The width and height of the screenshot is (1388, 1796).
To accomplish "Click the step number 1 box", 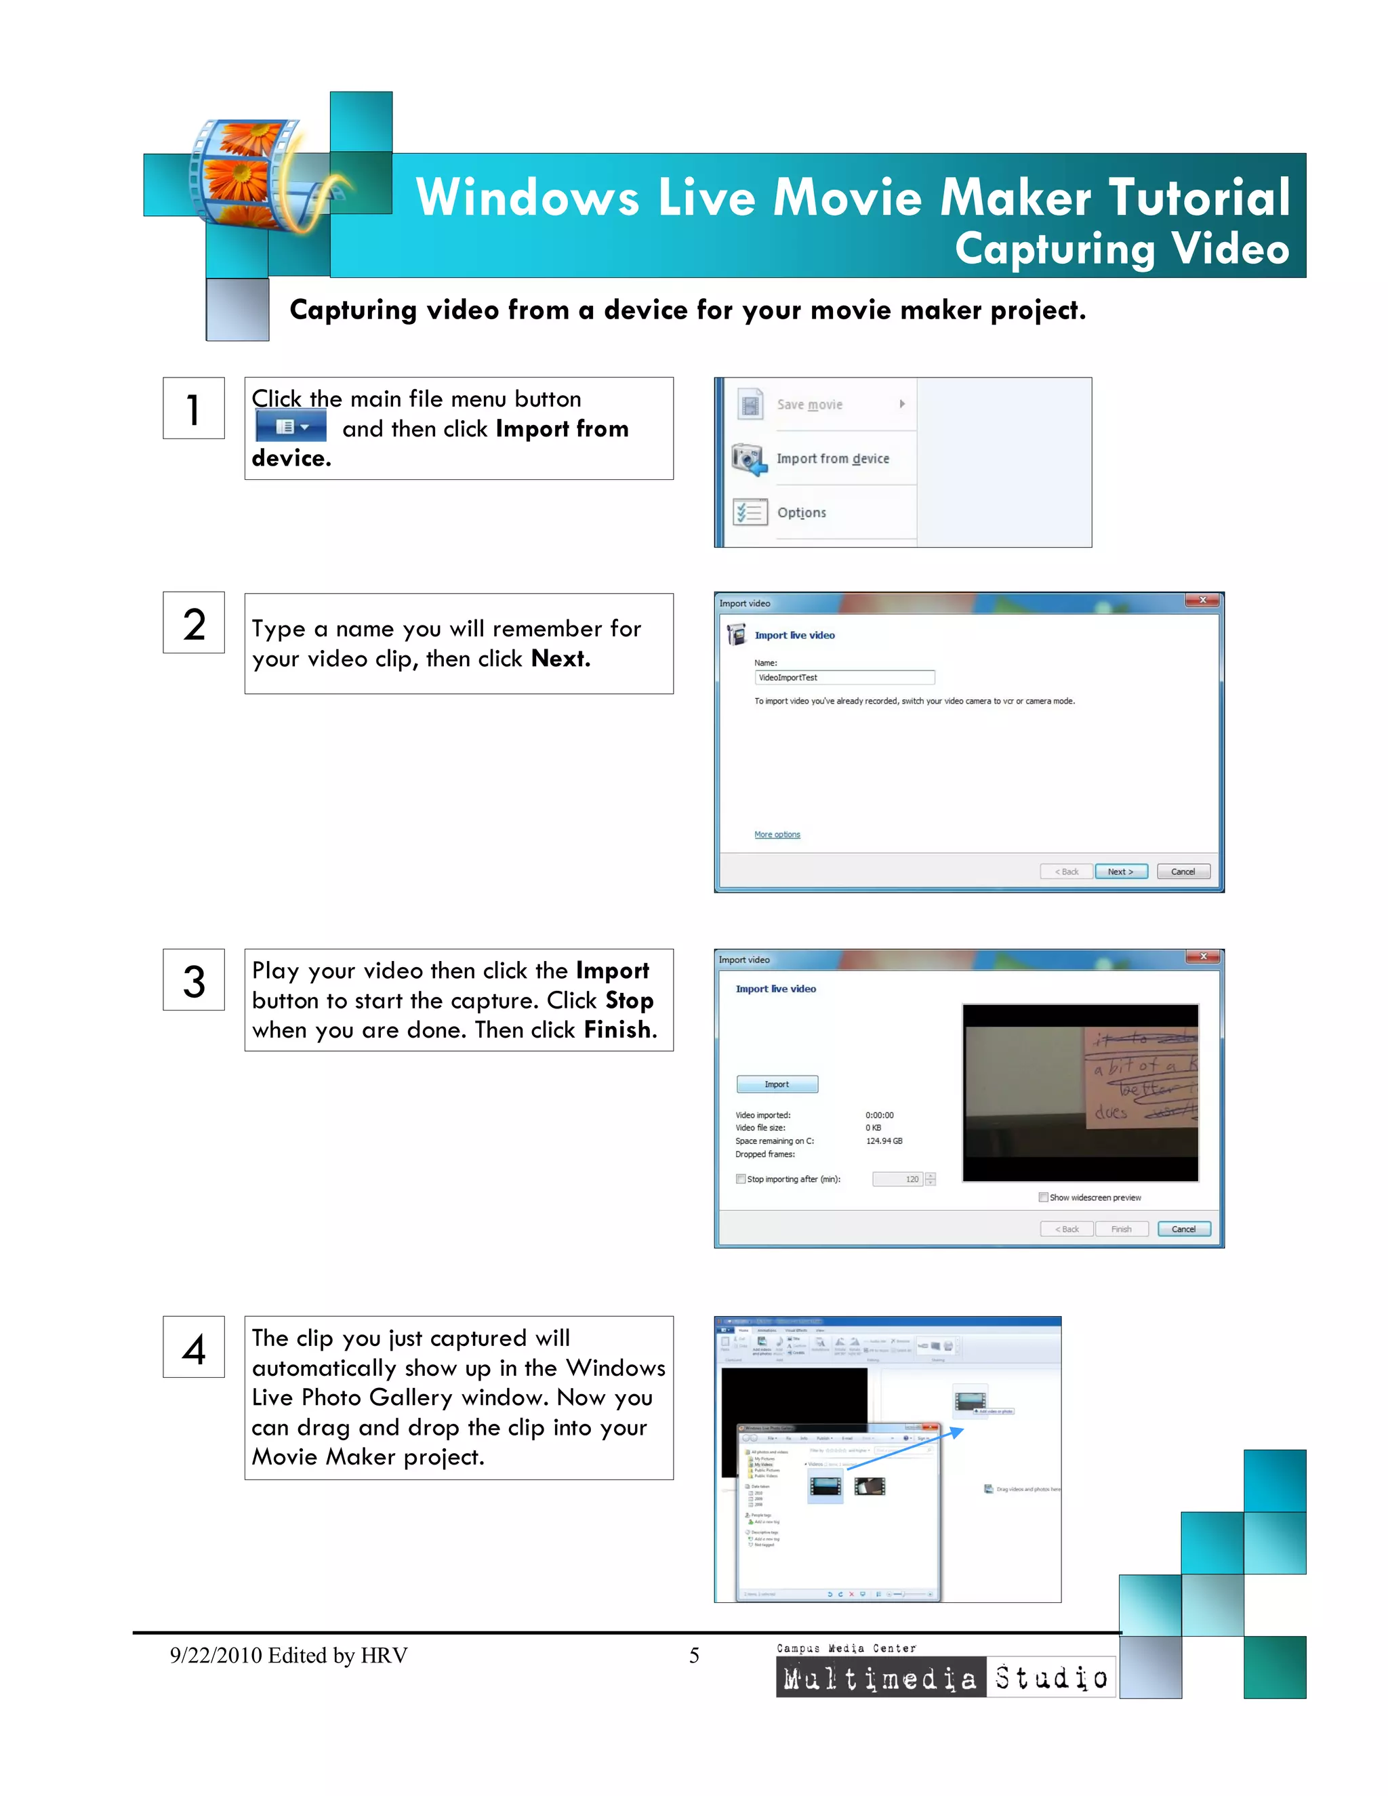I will [x=193, y=409].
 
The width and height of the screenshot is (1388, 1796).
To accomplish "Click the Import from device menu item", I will [x=832, y=459].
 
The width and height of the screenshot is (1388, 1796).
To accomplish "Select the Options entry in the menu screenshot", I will [x=801, y=513].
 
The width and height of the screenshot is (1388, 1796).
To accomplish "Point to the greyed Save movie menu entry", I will [x=809, y=405].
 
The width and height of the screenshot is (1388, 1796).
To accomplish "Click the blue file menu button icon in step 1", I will [x=290, y=428].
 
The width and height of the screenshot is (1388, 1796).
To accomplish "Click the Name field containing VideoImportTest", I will [x=844, y=678].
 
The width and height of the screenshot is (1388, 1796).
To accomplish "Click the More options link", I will [x=777, y=835].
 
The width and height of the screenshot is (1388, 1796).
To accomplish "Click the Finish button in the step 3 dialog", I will [x=1121, y=1229].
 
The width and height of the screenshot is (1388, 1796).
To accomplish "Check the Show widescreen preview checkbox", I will [x=1044, y=1198].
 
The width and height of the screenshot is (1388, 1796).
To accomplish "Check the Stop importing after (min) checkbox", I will [x=741, y=1179].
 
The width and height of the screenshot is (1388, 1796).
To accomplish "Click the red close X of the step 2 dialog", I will [x=1202, y=600].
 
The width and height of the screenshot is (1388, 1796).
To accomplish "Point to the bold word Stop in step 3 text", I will [x=629, y=1001].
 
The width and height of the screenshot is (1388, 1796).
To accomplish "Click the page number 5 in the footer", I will [x=694, y=1656].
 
